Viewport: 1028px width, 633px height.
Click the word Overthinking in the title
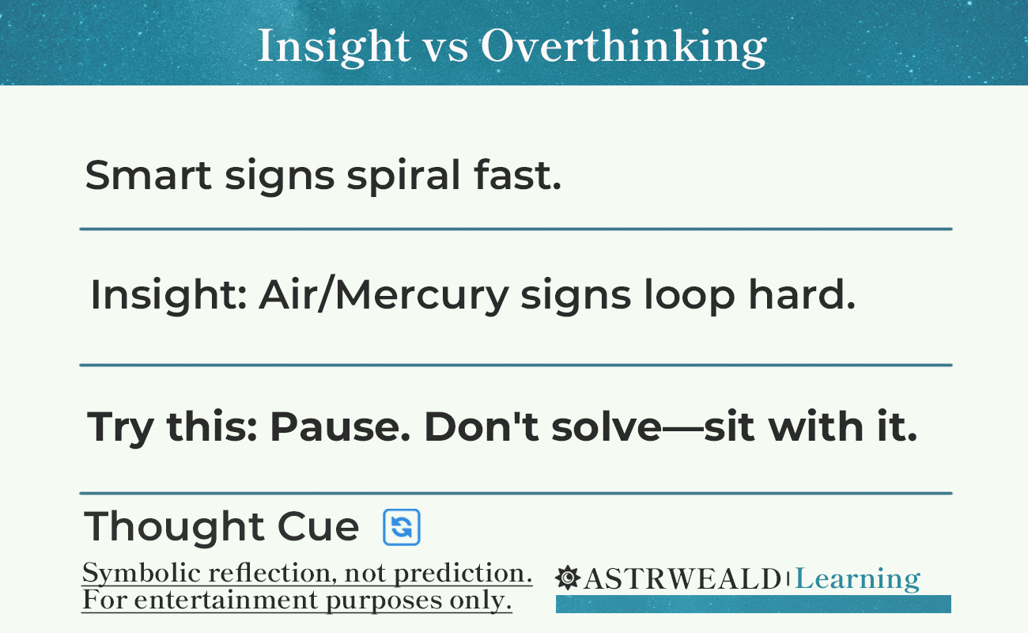624,47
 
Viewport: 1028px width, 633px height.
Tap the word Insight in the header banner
334,47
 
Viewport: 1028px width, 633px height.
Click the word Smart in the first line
148,175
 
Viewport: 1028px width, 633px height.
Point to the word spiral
403,176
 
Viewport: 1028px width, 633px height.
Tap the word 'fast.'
518,174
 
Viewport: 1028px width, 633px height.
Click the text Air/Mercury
384,296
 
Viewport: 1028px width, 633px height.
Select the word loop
690,298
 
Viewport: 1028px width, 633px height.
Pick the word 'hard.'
802,294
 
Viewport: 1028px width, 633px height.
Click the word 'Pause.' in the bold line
339,426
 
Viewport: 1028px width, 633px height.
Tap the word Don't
482,426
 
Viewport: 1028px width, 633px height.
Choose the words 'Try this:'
172,428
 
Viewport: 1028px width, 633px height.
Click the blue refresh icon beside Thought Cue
402,527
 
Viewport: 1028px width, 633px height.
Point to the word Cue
318,527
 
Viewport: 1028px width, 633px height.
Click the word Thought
174,528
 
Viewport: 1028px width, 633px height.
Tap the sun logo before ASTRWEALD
568,578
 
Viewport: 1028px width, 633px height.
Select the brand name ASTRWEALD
682,578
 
